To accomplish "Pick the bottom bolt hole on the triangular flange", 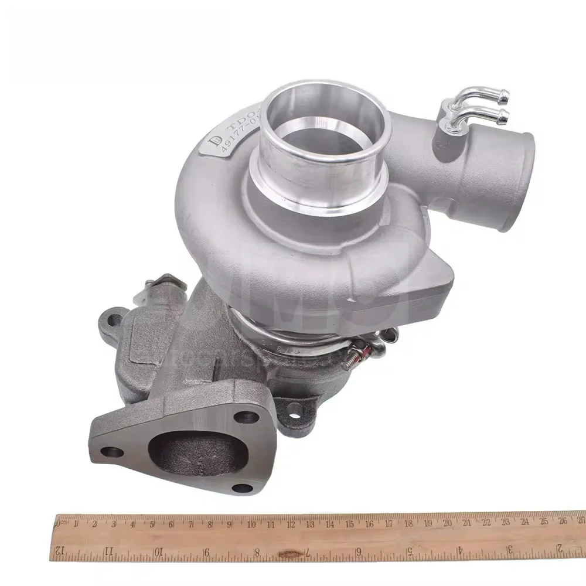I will (x=239, y=488).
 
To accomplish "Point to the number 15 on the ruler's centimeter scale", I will (x=349, y=523).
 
